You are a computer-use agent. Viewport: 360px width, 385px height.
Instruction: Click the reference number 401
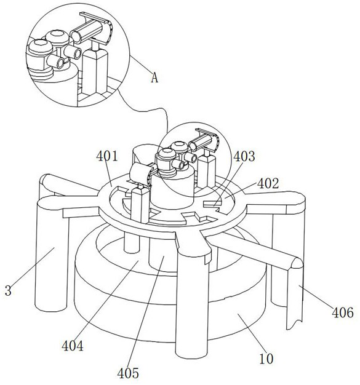[107, 156]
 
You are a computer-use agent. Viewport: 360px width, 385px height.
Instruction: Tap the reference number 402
[268, 183]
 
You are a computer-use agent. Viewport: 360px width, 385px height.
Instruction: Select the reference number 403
[244, 156]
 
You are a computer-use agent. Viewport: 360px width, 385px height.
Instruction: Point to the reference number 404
[73, 346]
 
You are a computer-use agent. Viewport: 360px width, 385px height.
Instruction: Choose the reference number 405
[128, 373]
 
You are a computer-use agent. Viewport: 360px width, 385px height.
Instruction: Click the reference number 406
[343, 312]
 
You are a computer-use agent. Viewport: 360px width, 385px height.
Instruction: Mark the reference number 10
[266, 359]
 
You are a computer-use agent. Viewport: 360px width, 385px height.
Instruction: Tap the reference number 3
[8, 290]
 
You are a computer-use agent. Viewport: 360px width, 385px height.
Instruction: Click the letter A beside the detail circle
[154, 78]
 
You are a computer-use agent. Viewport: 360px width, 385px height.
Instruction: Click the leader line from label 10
[250, 333]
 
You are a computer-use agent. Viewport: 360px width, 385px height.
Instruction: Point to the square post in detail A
[95, 72]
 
